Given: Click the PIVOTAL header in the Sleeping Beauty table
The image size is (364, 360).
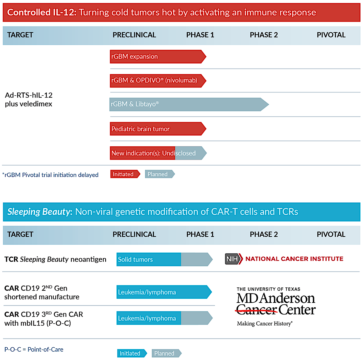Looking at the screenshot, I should pyautogui.click(x=331, y=234).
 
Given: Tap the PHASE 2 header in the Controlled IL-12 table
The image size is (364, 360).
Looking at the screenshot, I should pyautogui.click(x=264, y=35).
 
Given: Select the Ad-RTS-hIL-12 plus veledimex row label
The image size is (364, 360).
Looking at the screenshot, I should pyautogui.click(x=29, y=99).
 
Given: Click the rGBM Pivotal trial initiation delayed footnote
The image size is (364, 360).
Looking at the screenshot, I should pyautogui.click(x=51, y=175).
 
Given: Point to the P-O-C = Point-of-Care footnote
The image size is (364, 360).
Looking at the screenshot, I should pyautogui.click(x=34, y=349).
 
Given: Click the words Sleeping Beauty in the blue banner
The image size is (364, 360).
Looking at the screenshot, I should pyautogui.click(x=40, y=212).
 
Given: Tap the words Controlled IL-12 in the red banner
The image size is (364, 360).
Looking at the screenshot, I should pyautogui.click(x=42, y=12).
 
